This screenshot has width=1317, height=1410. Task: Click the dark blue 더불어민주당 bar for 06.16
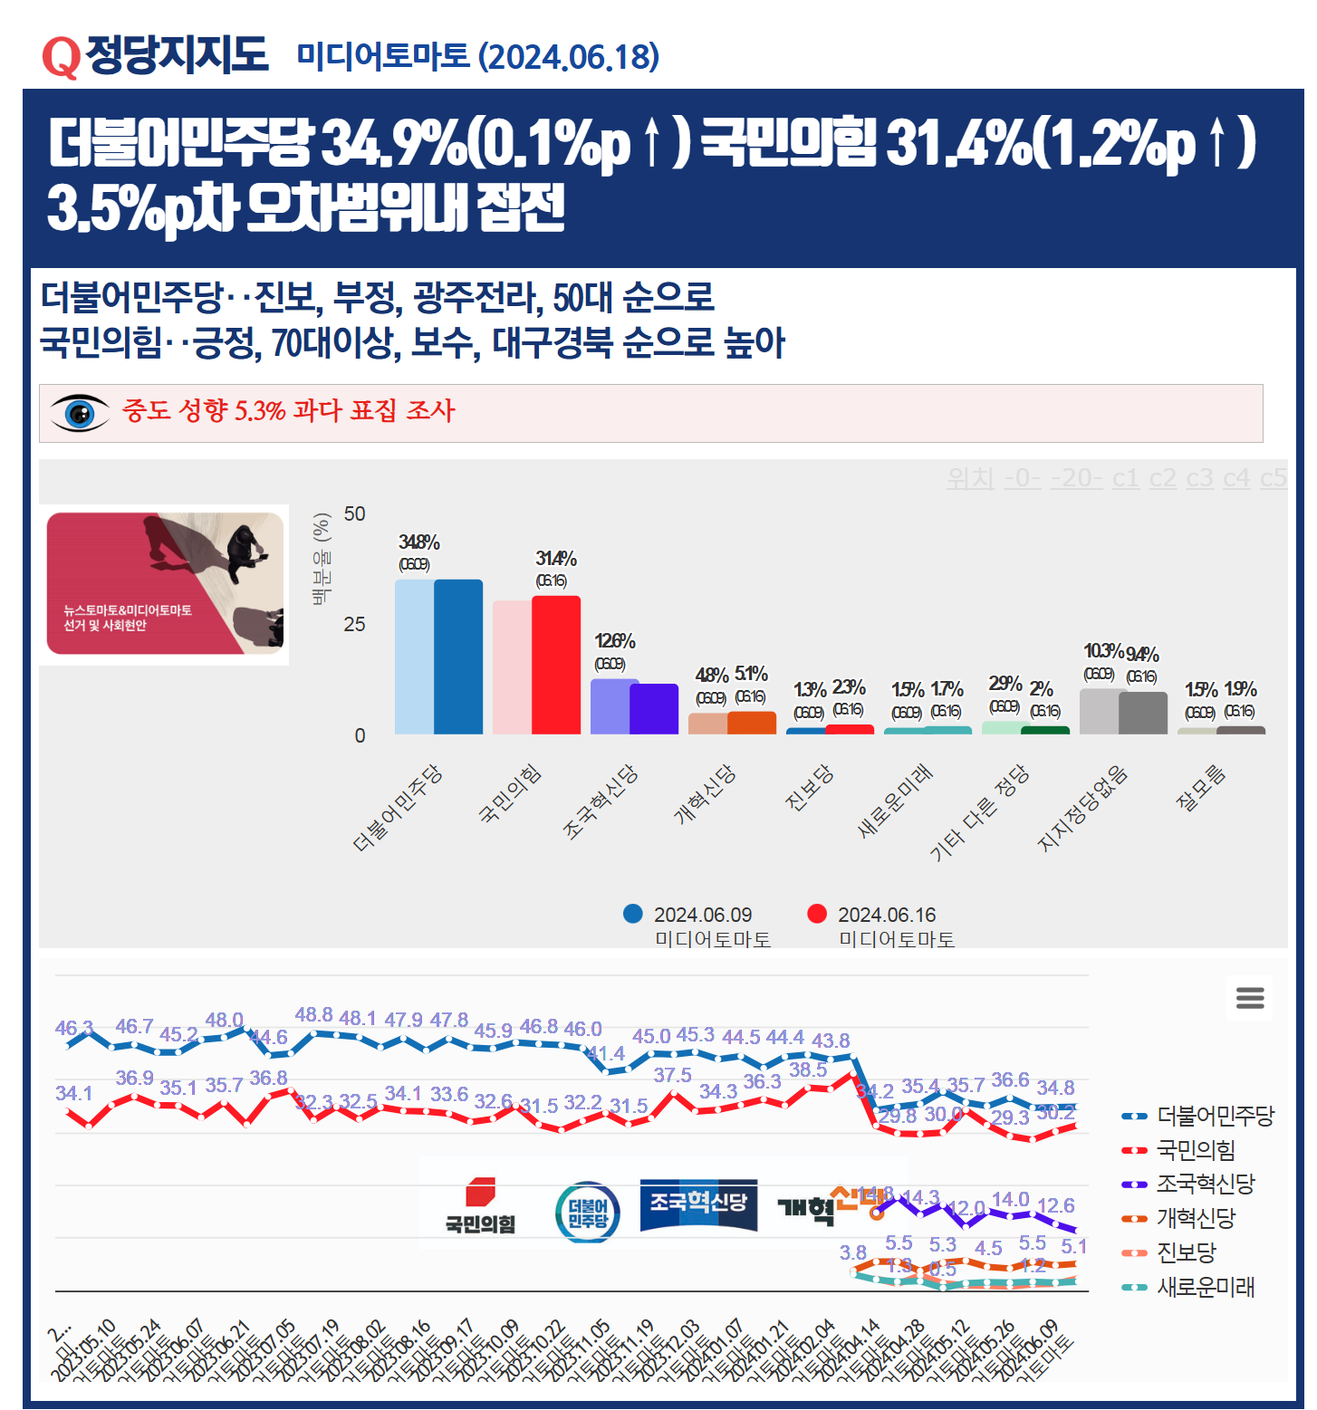coord(458,657)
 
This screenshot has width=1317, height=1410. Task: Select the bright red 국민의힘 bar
coord(556,665)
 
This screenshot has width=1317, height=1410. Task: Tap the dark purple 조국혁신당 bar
coord(654,709)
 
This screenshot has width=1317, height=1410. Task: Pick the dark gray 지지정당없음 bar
coord(1143,713)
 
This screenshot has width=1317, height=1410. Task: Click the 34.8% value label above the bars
coord(418,542)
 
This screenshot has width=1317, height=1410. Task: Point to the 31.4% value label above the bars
coord(555,559)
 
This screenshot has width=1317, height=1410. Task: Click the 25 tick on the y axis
coord(355,625)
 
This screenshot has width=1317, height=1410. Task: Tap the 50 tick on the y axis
coord(355,514)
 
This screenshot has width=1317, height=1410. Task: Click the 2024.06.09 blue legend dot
coord(633,914)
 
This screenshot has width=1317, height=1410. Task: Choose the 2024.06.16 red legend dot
coord(817,914)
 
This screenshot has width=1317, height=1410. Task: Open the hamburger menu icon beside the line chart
coord(1250,998)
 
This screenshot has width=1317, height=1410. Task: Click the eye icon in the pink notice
coord(80,413)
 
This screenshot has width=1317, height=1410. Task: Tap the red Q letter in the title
coord(61,57)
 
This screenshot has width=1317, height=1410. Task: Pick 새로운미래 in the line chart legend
coord(1205,1287)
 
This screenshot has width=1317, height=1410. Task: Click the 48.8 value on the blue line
coord(313,1015)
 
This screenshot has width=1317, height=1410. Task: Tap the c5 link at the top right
coord(1273,478)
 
